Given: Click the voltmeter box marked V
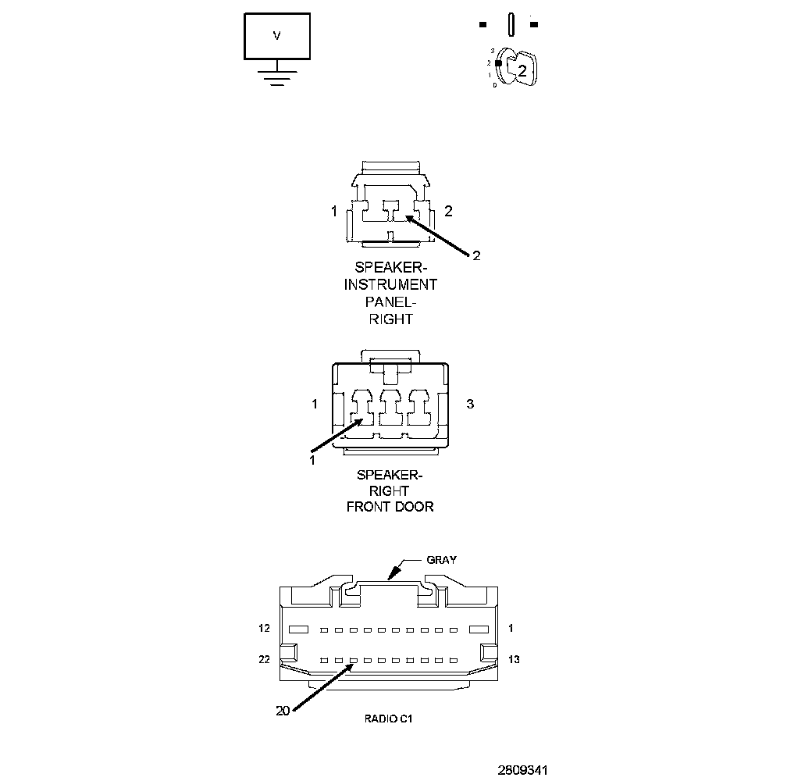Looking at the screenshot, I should (x=277, y=36).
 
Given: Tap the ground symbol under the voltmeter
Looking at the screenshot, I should (x=277, y=76).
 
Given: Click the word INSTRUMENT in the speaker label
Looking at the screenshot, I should (x=390, y=285).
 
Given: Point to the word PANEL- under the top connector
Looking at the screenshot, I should (x=390, y=302).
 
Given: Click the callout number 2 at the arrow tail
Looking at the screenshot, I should (x=476, y=255).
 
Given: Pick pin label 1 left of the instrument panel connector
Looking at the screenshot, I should (x=333, y=211).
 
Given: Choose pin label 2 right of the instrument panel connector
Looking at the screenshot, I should (x=448, y=211).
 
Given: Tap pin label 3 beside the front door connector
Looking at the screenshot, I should (x=470, y=404).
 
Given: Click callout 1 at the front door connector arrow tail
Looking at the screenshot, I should (x=312, y=460).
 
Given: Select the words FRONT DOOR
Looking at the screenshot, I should (x=390, y=507).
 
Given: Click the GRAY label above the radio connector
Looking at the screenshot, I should (x=441, y=559).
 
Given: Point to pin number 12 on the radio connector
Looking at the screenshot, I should (x=265, y=628).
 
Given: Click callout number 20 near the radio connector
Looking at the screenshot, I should (x=283, y=711).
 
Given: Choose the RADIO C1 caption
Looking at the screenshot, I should (x=388, y=719).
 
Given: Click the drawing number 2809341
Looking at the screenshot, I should (x=522, y=769).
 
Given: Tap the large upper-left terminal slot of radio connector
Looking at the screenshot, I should (x=298, y=629).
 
